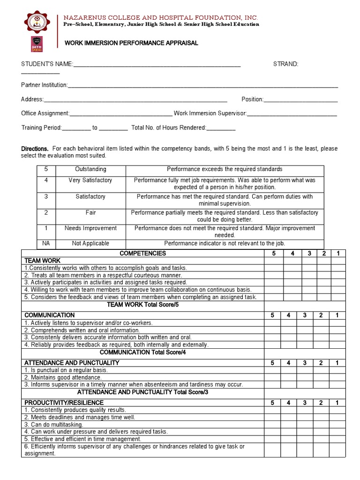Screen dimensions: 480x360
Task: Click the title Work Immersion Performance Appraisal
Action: (131, 43)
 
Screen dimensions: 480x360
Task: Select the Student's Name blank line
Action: (157, 66)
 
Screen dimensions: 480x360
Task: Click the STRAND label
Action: (285, 64)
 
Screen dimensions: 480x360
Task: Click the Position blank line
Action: (300, 101)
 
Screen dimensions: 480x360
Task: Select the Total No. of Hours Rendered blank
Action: (221, 130)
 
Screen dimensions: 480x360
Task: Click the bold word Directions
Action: (35, 149)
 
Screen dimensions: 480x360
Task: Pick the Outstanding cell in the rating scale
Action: (90, 169)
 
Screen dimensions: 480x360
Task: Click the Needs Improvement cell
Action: (90, 228)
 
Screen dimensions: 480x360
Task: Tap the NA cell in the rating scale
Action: (46, 243)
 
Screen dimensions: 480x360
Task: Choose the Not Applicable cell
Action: (90, 243)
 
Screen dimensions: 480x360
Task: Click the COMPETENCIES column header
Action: (142, 254)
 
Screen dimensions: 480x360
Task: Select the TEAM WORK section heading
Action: (42, 261)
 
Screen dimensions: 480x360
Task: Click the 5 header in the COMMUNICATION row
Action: (272, 315)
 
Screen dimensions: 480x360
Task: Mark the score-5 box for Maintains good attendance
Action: (273, 377)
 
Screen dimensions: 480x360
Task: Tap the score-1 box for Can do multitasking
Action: (337, 425)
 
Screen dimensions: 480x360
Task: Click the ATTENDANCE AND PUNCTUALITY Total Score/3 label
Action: (142, 392)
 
